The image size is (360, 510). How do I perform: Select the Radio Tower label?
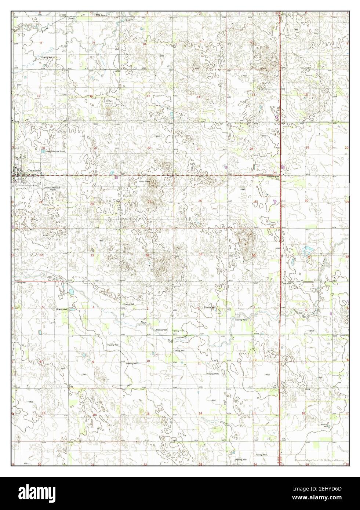tap(144, 182)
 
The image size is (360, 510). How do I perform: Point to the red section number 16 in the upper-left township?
tap(91, 96)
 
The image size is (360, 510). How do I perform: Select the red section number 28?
tap(92, 204)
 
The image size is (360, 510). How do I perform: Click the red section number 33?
tap(92, 255)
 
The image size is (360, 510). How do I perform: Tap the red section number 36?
tap(254, 255)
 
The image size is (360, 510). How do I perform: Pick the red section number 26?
tap(200, 201)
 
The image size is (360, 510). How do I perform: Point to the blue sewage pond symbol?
tap(44, 151)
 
